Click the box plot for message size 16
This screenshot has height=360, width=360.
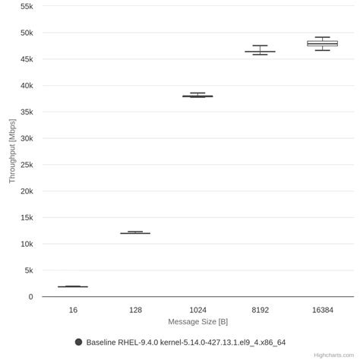(x=73, y=286)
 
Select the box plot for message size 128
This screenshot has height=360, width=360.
(x=135, y=232)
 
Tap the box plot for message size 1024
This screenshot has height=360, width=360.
(x=197, y=96)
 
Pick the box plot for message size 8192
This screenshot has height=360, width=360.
(x=260, y=51)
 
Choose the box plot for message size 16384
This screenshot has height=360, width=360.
(x=322, y=43)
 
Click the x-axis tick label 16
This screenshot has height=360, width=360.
(x=73, y=310)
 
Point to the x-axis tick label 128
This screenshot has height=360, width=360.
(x=135, y=310)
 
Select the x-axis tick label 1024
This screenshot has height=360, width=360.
(x=197, y=310)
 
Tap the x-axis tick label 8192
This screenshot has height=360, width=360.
(x=260, y=310)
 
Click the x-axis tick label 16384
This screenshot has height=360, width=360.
(x=322, y=310)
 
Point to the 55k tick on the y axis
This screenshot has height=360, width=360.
(x=26, y=6)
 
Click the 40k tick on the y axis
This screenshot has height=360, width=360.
(x=26, y=86)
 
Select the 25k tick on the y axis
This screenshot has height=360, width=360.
(x=26, y=165)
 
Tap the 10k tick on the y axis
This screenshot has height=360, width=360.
(x=26, y=244)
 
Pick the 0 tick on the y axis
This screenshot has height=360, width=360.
(x=30, y=297)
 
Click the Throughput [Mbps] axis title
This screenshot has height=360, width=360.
(x=11, y=151)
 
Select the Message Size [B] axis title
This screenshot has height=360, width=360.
(x=197, y=321)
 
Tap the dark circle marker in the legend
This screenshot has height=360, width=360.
(x=78, y=342)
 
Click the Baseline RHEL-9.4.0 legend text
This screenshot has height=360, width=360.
(x=186, y=343)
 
